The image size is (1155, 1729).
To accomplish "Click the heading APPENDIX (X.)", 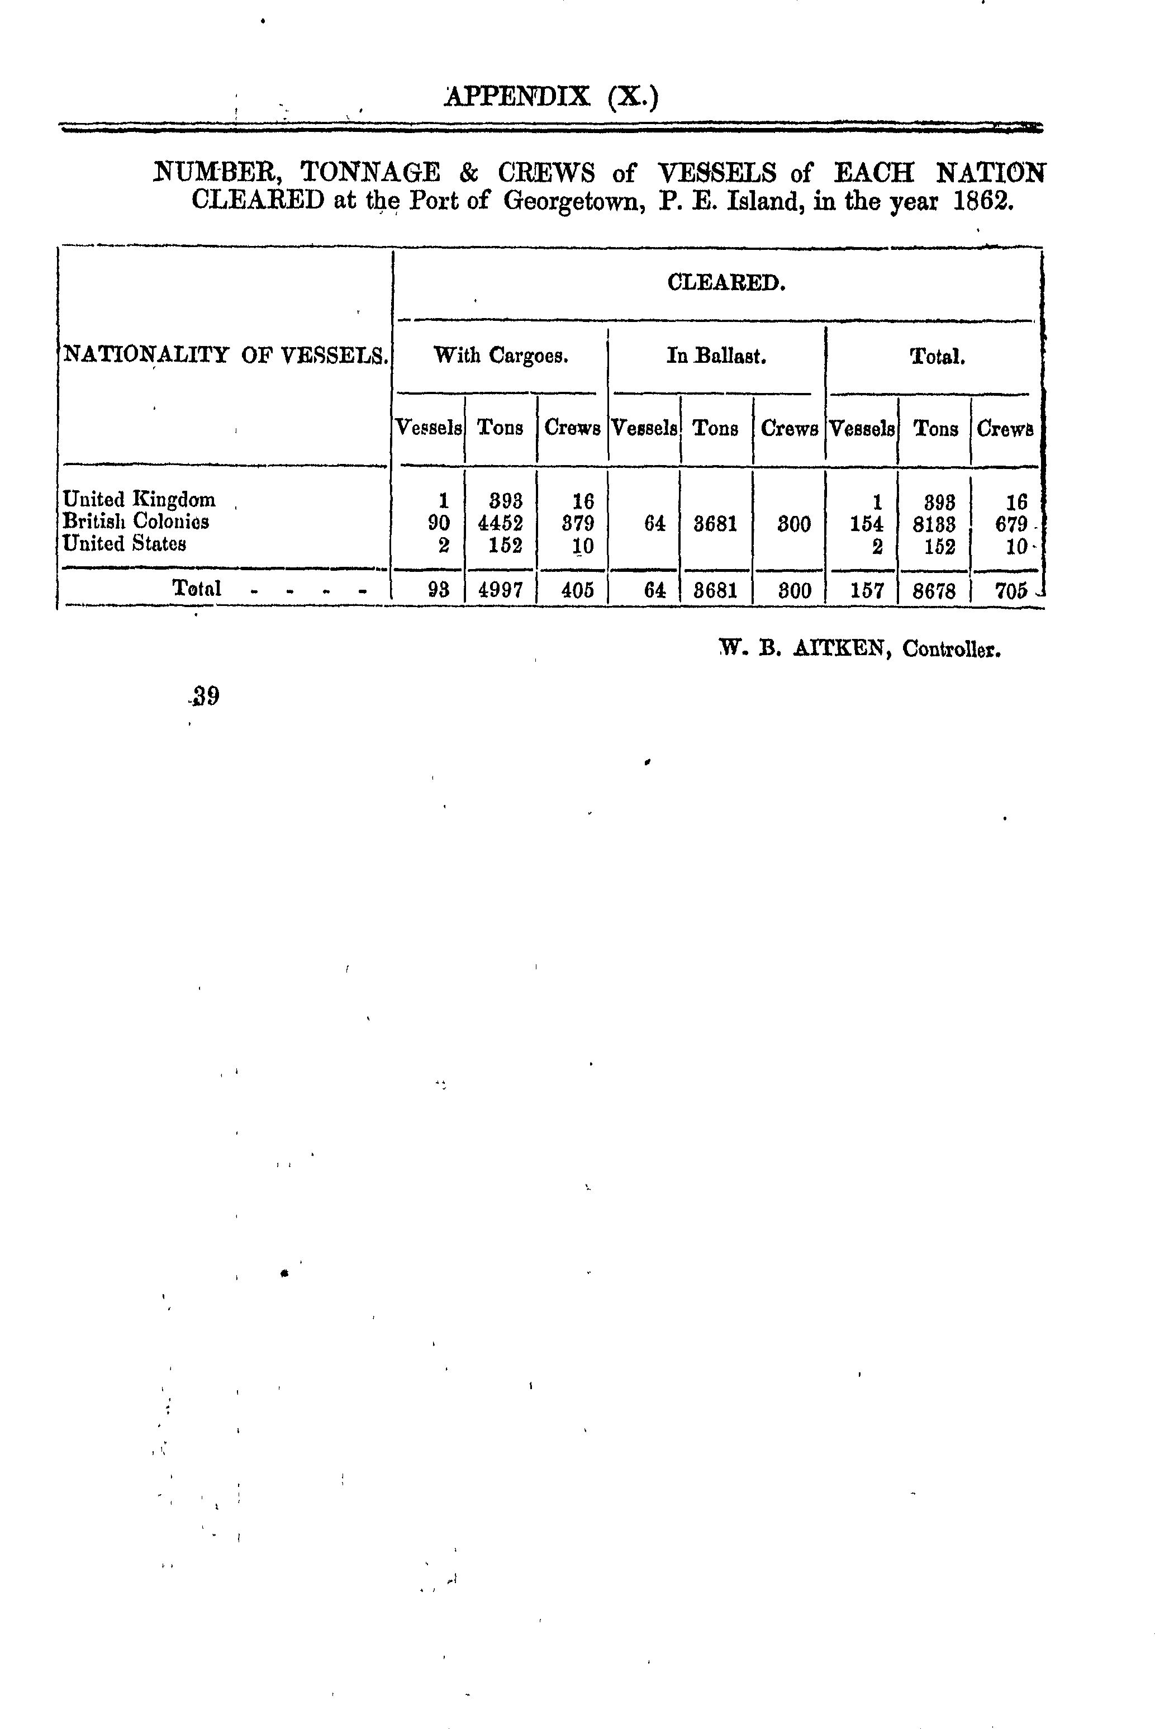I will (x=551, y=97).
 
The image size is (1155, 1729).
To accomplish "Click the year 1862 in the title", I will (x=983, y=200).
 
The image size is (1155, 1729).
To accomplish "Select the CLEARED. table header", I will (x=726, y=283).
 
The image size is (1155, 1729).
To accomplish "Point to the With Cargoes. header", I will (x=501, y=356).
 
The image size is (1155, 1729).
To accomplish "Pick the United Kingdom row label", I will (x=139, y=500).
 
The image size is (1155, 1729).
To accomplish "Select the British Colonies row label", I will (x=136, y=522).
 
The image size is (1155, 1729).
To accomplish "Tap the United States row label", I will (x=125, y=544).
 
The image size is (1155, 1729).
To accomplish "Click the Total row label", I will (x=197, y=588).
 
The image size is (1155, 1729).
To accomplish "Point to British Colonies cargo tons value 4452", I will (x=501, y=524).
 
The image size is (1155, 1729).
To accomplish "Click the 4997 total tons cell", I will (x=501, y=590).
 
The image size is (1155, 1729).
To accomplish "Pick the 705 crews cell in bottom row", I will (x=1011, y=590).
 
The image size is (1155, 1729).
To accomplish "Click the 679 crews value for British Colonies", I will (x=1011, y=524).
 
